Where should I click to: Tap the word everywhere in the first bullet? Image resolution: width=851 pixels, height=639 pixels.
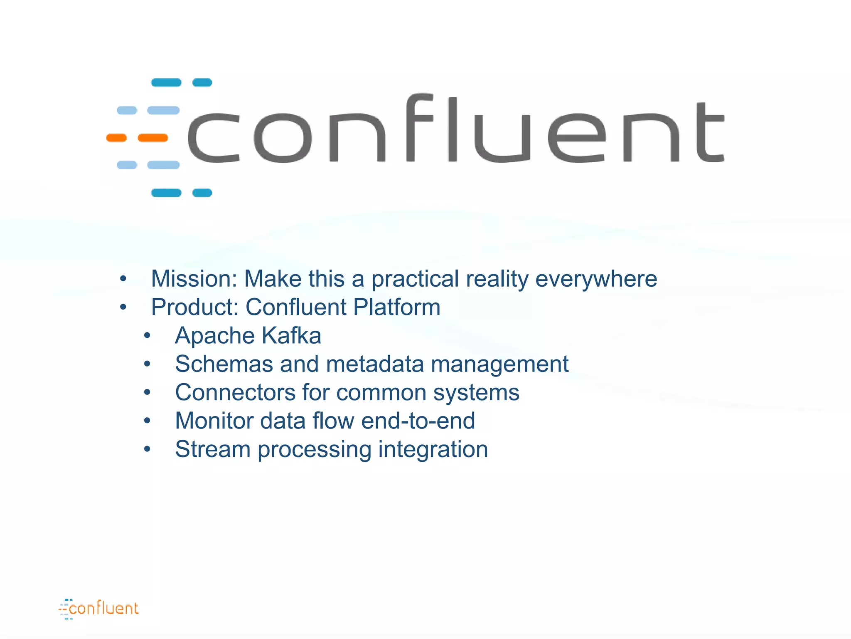[x=596, y=279]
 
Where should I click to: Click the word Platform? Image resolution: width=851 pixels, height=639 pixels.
[x=397, y=307]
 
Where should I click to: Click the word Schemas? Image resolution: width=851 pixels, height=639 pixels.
[x=224, y=364]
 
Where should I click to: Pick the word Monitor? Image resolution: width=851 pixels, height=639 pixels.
[x=214, y=421]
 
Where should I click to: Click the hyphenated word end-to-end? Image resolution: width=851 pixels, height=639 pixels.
[x=418, y=421]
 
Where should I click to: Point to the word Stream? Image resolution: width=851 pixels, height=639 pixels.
[x=212, y=449]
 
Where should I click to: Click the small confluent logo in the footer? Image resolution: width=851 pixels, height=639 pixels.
[x=98, y=609]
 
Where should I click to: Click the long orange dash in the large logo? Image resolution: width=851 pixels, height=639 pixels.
[x=153, y=138]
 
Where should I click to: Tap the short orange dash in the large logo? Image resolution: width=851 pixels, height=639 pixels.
[x=116, y=138]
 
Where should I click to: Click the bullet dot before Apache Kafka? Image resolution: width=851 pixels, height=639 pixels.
[x=147, y=336]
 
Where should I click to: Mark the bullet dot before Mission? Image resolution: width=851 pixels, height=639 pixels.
[x=123, y=279]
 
